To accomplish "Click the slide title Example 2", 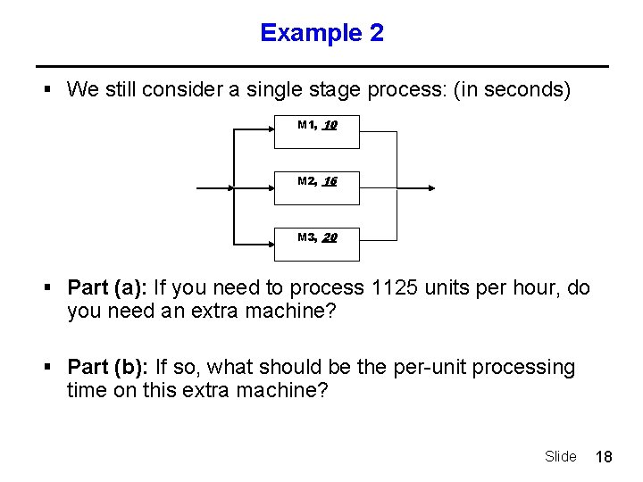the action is coord(321,33).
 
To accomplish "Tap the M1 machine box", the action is coord(316,131).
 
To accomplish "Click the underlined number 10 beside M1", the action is coord(330,126).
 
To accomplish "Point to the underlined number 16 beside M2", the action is coord(330,181).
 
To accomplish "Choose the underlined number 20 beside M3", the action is coord(330,237).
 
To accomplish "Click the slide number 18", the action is coord(604,457).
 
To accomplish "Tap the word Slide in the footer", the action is coord(560,457).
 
